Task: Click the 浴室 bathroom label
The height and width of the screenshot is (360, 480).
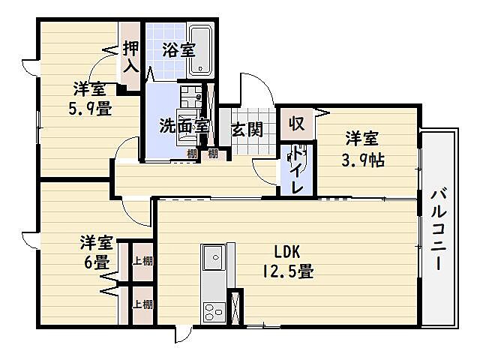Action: tap(178, 51)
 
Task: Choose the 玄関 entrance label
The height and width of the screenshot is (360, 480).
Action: tap(246, 129)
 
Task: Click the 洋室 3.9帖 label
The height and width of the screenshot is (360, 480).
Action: tap(361, 148)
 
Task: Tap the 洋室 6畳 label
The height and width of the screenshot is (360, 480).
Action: tap(97, 253)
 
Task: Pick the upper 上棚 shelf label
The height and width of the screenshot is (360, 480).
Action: tap(142, 262)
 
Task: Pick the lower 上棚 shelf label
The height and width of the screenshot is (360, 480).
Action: tap(142, 304)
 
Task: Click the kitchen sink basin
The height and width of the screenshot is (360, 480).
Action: tap(213, 261)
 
